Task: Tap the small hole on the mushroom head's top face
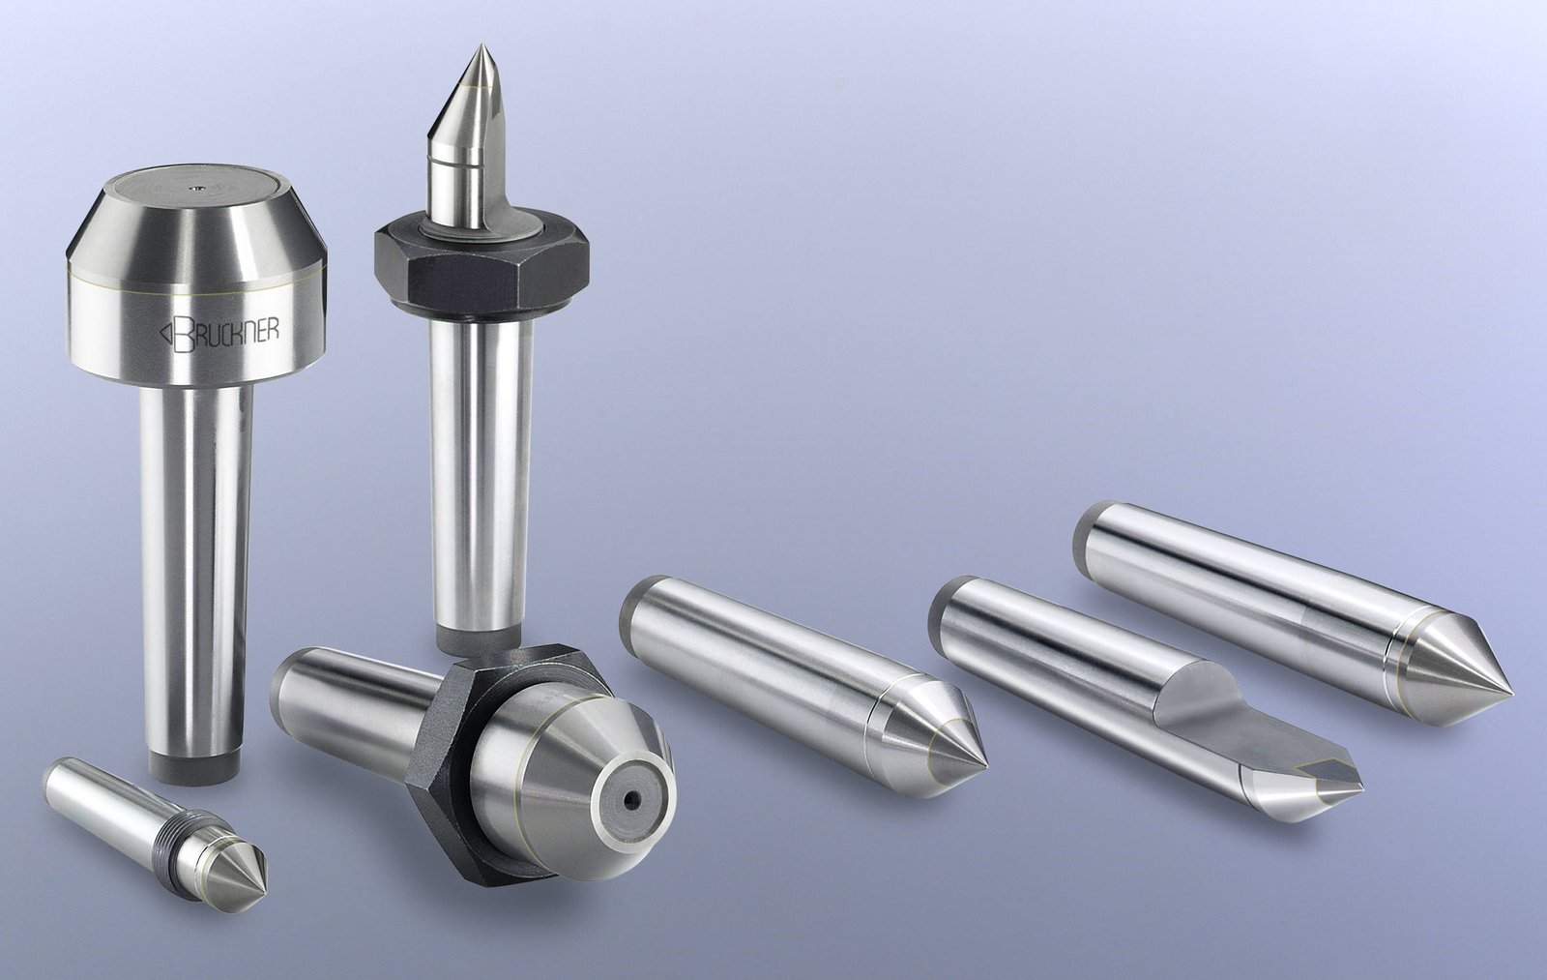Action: pos(197,186)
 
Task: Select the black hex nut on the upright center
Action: pos(482,270)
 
